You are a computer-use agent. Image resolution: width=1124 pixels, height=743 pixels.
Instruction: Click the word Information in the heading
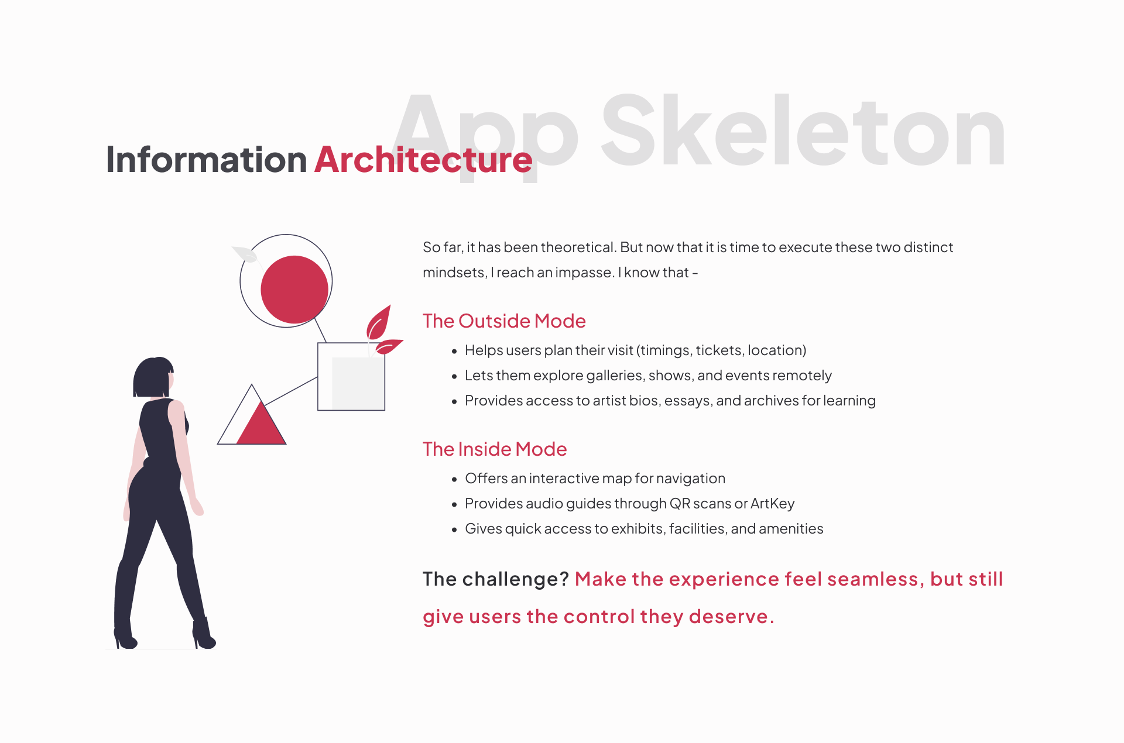coord(206,159)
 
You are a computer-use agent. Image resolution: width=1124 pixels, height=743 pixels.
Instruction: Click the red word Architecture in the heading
coord(423,159)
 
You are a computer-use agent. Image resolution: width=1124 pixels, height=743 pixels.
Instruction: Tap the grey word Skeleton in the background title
coord(803,131)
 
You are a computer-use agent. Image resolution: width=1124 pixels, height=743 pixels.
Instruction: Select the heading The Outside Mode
coord(504,321)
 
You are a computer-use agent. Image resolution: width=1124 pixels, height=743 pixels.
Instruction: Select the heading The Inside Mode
coord(495,449)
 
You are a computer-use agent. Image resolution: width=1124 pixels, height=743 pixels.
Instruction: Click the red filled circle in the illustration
coord(294,289)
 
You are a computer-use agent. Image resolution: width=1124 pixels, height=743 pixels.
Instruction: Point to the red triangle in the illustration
coord(261,424)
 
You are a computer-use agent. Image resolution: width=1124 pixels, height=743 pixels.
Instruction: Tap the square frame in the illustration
coord(318,376)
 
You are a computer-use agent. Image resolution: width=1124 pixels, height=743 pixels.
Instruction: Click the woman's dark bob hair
coord(153,376)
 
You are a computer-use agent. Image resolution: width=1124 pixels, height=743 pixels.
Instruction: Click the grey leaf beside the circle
coord(245,254)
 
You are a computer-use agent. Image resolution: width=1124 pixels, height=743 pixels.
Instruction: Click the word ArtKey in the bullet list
coord(772,503)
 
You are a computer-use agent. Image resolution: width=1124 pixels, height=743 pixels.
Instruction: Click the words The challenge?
coord(496,579)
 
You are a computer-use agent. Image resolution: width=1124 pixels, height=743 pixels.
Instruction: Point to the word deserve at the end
coord(728,617)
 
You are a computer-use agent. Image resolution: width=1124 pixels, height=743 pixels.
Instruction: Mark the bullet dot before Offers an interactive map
coord(454,479)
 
